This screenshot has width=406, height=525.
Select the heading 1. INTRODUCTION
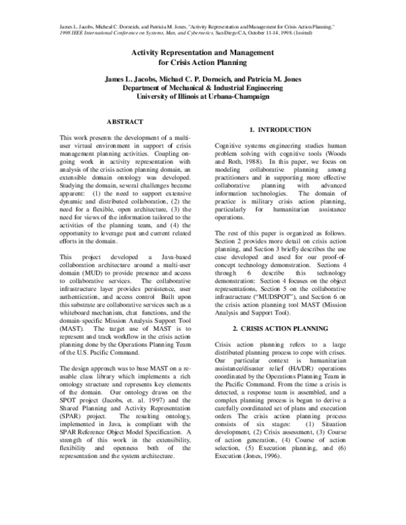[280, 129]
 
